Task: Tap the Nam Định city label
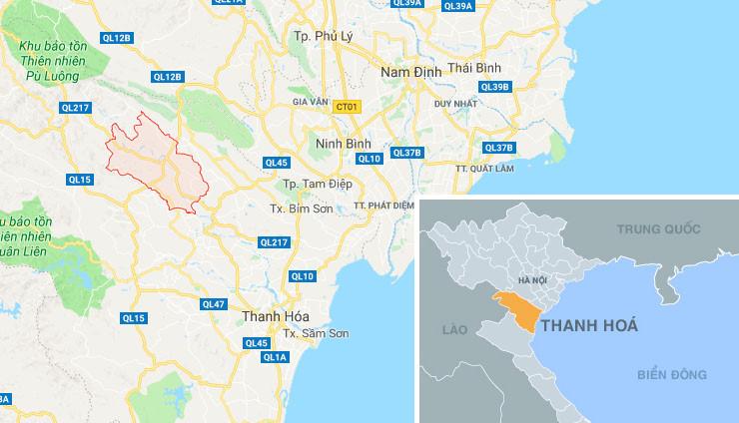point(410,72)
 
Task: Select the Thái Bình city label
point(473,68)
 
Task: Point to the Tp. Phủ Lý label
point(325,37)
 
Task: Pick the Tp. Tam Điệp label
point(310,185)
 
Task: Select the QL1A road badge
point(275,357)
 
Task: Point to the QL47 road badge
point(214,304)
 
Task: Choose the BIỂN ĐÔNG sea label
point(673,375)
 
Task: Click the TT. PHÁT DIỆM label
point(384,206)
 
